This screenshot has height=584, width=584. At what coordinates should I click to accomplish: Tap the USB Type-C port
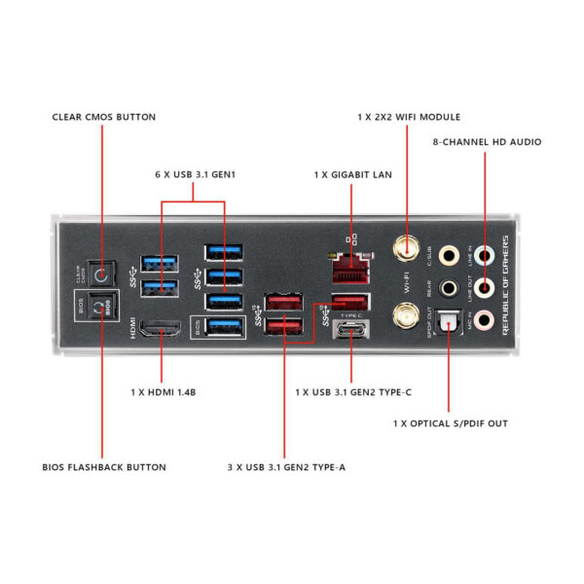tap(351, 330)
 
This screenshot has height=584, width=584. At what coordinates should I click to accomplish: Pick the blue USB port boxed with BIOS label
tap(225, 328)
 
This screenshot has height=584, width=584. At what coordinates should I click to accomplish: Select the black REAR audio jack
tap(448, 288)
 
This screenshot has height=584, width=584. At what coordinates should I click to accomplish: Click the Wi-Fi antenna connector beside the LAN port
tap(402, 250)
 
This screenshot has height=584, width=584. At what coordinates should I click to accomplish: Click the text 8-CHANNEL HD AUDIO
tap(487, 142)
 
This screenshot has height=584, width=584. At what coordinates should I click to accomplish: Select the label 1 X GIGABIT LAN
tap(352, 174)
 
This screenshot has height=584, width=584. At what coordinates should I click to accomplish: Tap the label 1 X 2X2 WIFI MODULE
tap(409, 117)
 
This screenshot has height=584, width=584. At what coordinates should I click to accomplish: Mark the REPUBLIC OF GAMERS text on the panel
tap(506, 286)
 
